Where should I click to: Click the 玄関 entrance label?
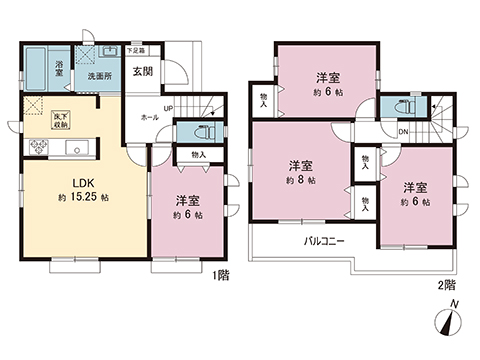144,71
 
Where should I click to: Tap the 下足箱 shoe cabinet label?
136,49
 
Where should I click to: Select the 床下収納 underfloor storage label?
61,121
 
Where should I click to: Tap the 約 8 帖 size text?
300,180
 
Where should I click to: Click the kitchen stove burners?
39,147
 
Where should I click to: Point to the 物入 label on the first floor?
198,154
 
